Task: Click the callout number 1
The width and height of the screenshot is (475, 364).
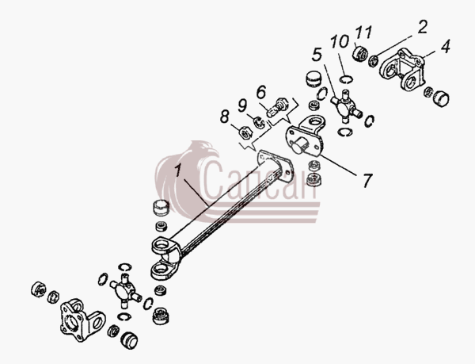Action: [178, 171]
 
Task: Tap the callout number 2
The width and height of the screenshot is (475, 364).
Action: [422, 27]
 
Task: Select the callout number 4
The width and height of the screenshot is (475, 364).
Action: [445, 47]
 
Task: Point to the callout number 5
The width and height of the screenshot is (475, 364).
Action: [317, 55]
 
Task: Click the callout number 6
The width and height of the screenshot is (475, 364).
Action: [261, 92]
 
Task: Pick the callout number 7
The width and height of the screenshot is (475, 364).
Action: [367, 180]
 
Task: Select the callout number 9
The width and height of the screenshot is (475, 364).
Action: [242, 105]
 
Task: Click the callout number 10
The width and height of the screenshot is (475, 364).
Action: [340, 41]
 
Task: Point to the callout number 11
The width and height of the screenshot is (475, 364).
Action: [363, 33]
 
